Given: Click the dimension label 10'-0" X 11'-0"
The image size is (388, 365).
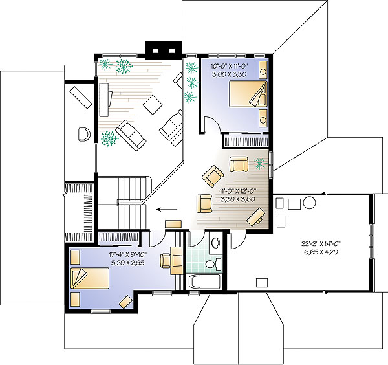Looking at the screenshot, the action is point(229,66).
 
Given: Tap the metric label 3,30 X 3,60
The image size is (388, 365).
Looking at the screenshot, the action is point(237,199).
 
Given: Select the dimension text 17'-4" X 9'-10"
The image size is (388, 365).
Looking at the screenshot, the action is point(127,254).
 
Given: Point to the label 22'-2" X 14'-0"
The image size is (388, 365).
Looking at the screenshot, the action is point(321,244).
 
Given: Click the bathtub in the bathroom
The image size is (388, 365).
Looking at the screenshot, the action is point(204,282).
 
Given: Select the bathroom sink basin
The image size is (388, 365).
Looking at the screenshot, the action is point(216,243).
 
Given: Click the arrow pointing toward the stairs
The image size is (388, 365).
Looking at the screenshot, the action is point(167,210).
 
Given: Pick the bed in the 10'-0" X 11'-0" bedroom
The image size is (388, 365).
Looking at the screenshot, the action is point(248,94).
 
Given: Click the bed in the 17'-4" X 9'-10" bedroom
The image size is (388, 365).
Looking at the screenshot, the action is point(90,278).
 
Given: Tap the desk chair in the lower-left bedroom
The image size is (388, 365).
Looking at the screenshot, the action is point(166,261).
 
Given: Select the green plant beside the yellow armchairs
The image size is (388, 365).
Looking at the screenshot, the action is point(261,164).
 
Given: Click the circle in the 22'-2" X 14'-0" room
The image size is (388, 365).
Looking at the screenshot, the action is point(309,203).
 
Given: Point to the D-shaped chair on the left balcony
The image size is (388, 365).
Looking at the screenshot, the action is point(84,134).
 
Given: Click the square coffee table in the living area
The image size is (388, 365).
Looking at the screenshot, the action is point(153,105).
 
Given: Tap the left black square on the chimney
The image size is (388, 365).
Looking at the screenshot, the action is point(155,50).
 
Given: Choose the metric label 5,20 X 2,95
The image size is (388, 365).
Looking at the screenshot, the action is point(127,263).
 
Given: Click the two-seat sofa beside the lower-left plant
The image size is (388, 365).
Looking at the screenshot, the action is point(131,135).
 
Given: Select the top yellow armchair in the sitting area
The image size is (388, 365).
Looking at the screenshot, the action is point(239,164).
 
